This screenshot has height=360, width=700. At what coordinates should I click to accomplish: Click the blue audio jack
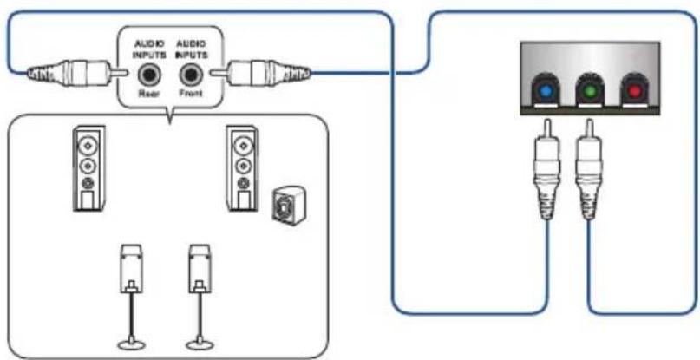(544, 92)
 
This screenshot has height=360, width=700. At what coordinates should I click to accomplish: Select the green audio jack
(589, 92)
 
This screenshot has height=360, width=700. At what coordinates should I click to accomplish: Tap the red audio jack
(634, 92)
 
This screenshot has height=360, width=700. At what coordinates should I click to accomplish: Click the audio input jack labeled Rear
(147, 75)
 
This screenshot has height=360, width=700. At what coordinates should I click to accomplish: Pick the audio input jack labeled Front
(190, 75)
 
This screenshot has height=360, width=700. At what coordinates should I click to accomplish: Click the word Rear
(147, 93)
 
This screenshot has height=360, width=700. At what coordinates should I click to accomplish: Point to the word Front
(190, 93)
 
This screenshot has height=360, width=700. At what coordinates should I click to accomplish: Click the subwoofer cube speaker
(286, 206)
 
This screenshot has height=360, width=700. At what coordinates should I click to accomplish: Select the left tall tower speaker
(89, 168)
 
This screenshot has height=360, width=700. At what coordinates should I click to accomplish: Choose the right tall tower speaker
(242, 168)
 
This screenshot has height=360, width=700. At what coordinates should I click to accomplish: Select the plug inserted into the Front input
(260, 72)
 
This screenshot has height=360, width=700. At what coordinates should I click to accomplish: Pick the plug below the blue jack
(546, 170)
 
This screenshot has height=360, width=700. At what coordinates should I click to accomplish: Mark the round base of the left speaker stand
(132, 344)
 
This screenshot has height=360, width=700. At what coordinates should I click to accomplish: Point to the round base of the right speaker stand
(200, 344)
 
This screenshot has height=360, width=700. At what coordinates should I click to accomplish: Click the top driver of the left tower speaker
(88, 145)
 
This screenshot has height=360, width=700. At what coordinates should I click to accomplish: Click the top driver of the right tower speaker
(242, 145)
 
